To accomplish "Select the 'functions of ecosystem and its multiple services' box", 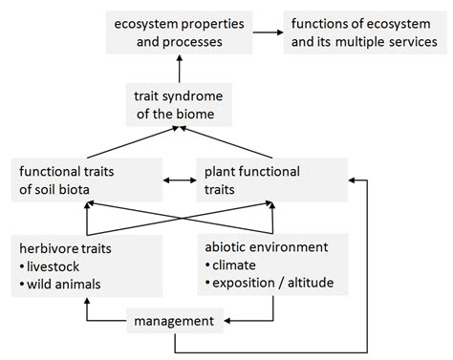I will click(x=363, y=33).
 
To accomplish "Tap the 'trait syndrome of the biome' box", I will click(x=179, y=105).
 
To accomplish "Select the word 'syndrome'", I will click(x=198, y=95).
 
